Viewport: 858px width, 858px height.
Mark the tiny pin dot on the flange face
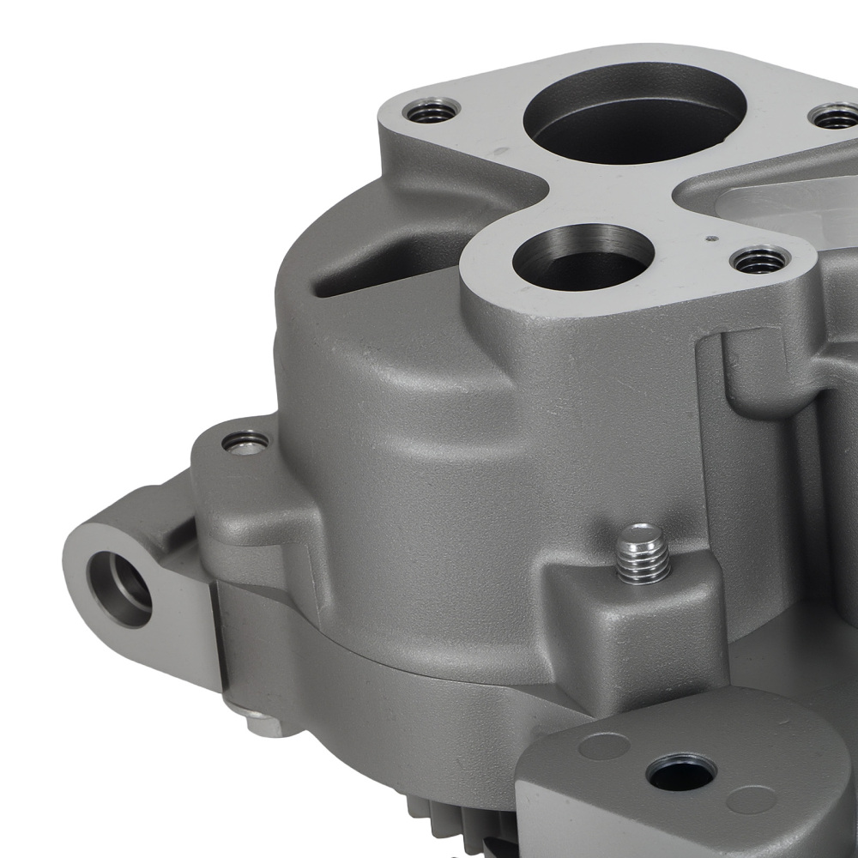point(709,238)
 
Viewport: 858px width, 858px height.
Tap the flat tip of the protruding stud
point(642,535)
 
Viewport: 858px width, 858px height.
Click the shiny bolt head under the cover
point(261,724)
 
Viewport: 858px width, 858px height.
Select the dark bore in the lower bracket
point(681,770)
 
